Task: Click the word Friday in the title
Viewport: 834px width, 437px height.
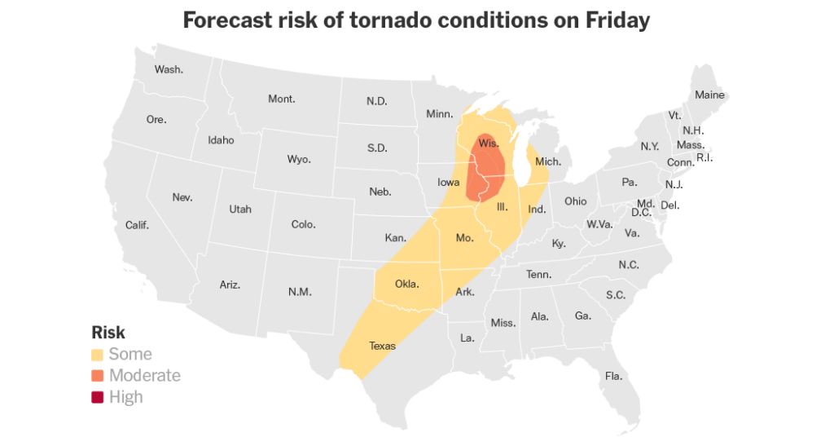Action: pyautogui.click(x=615, y=20)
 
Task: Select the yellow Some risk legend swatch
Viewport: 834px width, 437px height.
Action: pyautogui.click(x=97, y=355)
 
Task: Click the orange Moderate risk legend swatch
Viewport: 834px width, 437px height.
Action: pyautogui.click(x=97, y=376)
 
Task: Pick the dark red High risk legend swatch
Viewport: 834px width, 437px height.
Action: pyautogui.click(x=97, y=397)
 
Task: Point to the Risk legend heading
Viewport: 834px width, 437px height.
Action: pyautogui.click(x=108, y=333)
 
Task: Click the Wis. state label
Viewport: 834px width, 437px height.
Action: pyautogui.click(x=489, y=143)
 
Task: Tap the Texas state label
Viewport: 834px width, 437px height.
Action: pyautogui.click(x=382, y=346)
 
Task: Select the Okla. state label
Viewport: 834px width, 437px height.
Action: pyautogui.click(x=406, y=285)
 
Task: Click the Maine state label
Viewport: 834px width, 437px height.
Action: pyautogui.click(x=709, y=95)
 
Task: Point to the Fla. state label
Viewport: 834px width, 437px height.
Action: pyautogui.click(x=613, y=376)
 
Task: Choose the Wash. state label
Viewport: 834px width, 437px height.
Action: pyautogui.click(x=169, y=69)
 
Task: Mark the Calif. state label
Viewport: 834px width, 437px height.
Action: pyautogui.click(x=137, y=225)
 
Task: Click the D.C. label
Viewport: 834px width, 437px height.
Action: pyautogui.click(x=641, y=213)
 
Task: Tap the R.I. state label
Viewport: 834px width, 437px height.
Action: pyautogui.click(x=705, y=157)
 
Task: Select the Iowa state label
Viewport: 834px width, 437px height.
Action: pyautogui.click(x=449, y=183)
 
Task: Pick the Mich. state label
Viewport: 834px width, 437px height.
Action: pyautogui.click(x=548, y=161)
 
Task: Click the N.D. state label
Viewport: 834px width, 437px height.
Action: pyautogui.click(x=376, y=102)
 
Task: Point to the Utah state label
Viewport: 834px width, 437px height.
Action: pyautogui.click(x=240, y=210)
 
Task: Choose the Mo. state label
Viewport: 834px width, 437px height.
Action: pyautogui.click(x=464, y=238)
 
